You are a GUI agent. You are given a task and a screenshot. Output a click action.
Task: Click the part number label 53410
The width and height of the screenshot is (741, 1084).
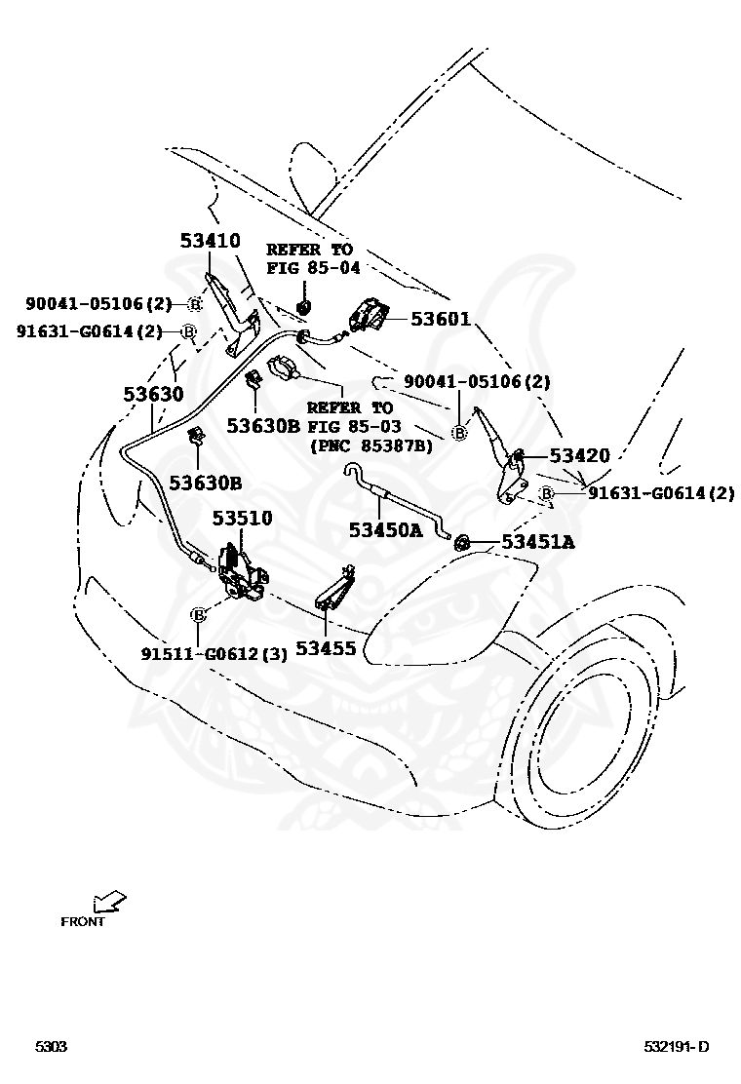210,240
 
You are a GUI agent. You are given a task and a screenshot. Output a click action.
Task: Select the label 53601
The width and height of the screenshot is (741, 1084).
440,319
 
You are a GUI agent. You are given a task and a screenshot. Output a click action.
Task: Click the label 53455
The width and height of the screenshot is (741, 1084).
327,646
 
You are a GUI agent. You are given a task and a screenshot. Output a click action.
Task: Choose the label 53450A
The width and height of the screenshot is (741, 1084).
385,529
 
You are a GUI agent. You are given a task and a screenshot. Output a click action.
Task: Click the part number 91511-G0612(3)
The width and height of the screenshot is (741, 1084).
214,654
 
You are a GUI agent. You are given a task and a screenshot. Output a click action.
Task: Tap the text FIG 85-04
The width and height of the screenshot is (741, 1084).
309,268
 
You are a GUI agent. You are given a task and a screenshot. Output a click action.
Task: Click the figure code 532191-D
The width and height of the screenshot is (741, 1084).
676,1047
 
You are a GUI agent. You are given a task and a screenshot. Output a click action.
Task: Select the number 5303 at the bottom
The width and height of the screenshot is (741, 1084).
51,1047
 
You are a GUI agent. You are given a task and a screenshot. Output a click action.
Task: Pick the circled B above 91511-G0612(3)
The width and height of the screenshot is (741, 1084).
198,614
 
